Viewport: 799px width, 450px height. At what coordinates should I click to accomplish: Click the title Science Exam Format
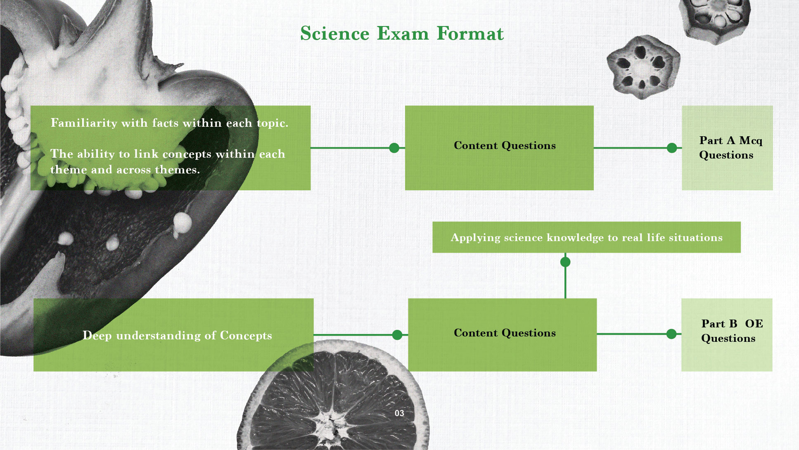coord(402,33)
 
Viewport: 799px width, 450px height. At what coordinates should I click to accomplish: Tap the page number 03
coord(399,413)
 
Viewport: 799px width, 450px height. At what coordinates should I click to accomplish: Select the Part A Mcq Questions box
coord(727,148)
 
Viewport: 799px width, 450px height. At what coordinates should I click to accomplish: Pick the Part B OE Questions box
coord(727,335)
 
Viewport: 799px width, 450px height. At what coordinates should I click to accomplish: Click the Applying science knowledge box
coord(586,237)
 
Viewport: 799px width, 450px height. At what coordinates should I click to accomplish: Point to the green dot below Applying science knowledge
coord(565,262)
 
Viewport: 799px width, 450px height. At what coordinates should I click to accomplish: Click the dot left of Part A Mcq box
coord(672,148)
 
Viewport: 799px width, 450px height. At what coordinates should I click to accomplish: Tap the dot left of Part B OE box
coord(671,334)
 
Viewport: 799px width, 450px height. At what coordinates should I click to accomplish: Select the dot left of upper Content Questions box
coord(394,148)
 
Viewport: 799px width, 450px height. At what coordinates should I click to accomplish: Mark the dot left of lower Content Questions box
coord(397,335)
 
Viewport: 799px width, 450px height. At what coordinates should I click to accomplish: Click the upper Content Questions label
coord(505,145)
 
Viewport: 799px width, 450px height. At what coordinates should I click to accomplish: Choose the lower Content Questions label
coord(505,333)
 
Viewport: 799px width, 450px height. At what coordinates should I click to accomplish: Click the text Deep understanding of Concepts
coord(177,336)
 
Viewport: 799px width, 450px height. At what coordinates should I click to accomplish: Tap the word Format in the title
coord(470,33)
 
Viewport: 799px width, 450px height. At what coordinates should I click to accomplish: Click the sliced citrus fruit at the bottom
coord(333,396)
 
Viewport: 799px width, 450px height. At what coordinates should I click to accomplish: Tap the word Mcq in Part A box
coord(751,141)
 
